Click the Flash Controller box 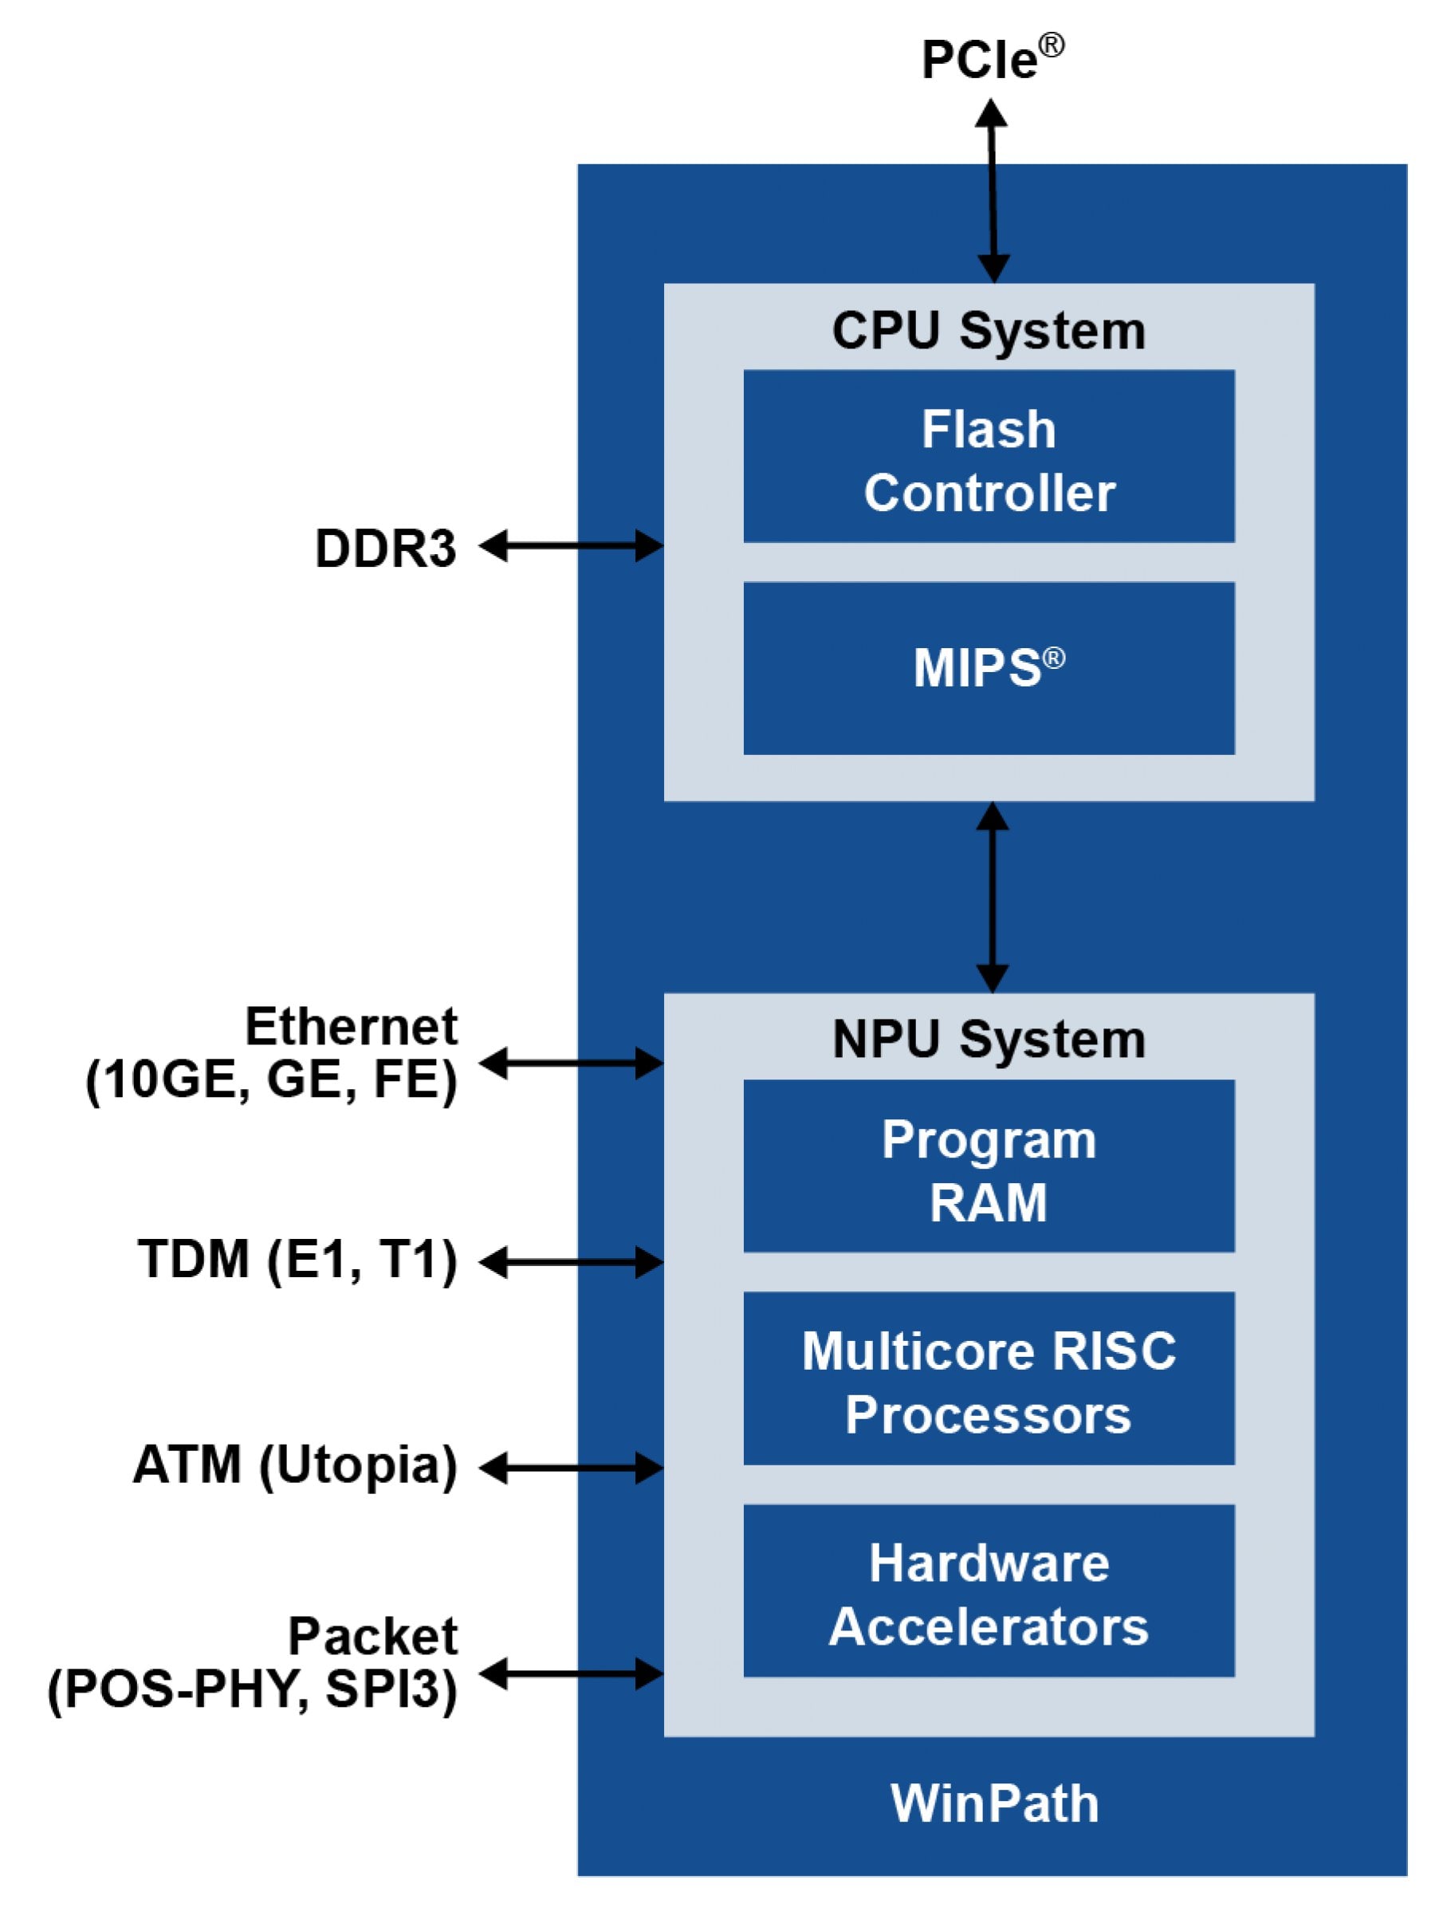989,456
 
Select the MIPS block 989,668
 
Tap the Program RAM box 989,1166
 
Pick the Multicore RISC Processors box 989,1378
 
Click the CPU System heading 989,331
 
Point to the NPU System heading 989,1040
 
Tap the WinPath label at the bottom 994,1804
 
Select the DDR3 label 385,549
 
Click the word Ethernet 351,1026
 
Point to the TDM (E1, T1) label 297,1259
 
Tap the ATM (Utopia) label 295,1465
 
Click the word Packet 372,1636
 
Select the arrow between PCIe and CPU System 993,191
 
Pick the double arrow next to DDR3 571,546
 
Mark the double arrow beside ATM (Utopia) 571,1468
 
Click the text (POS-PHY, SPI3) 252,1689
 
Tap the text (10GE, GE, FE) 271,1080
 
